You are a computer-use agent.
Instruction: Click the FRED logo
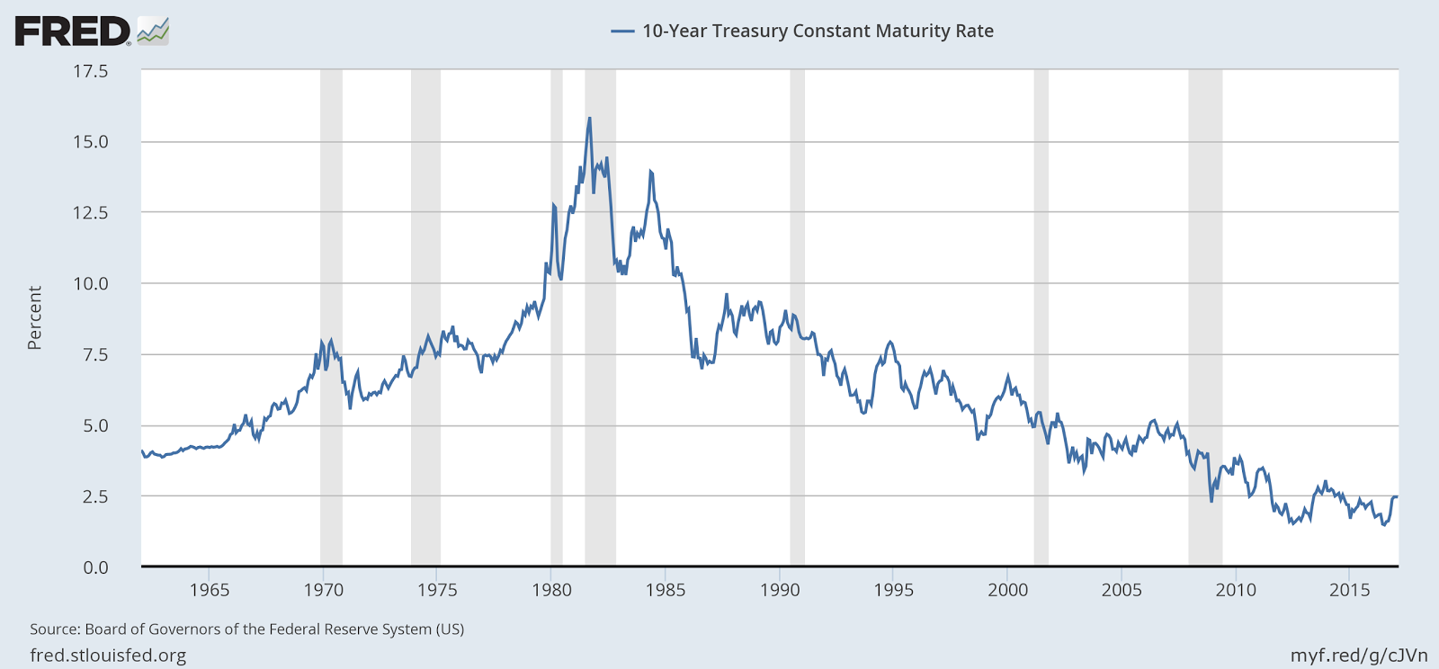pos(91,31)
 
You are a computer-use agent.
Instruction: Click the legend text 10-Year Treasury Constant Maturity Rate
pos(817,31)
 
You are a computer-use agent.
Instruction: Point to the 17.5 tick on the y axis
pos(90,71)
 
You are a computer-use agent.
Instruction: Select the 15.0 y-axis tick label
pos(90,142)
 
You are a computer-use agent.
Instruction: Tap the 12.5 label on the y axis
pos(90,213)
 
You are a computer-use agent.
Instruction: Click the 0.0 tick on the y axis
pos(95,567)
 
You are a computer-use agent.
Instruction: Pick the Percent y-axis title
pos(35,317)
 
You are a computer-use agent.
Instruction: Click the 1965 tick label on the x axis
pos(209,591)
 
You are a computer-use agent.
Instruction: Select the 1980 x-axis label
pos(551,591)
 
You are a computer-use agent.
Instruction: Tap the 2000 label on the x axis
pos(1007,591)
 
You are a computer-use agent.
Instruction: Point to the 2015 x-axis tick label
pos(1349,591)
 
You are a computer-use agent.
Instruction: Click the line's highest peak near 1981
pos(589,118)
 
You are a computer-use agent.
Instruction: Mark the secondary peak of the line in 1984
pos(650,171)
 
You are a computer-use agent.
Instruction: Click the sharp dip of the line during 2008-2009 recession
pos(1211,500)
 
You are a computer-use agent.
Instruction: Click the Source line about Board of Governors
pos(246,629)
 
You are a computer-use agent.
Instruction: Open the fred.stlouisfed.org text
pos(108,656)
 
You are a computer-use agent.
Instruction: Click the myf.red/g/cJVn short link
pos(1358,656)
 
